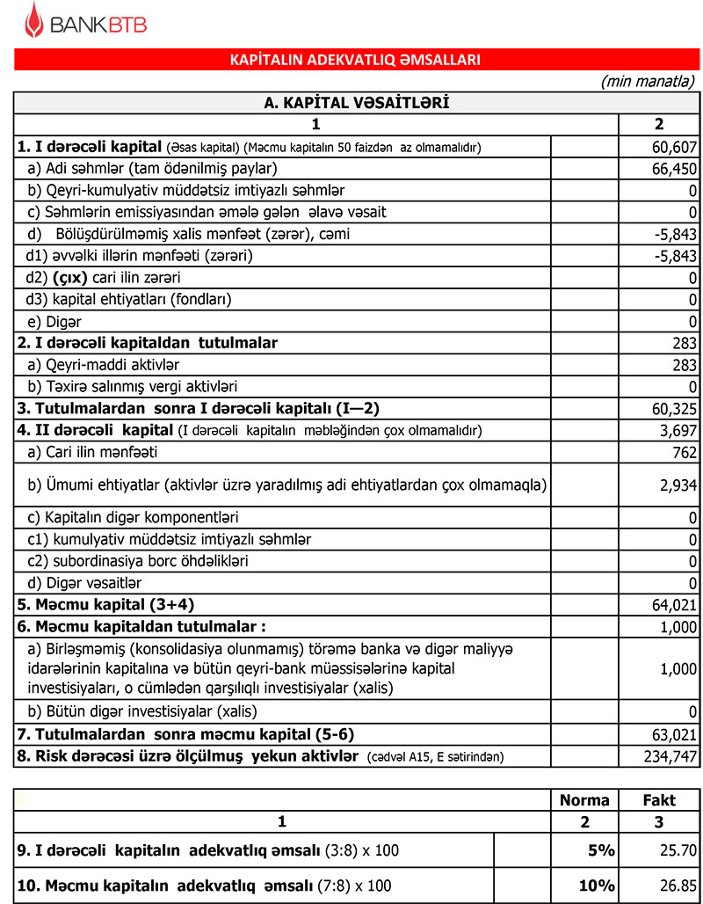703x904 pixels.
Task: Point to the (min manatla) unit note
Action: pyautogui.click(x=648, y=81)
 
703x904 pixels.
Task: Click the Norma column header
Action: pyautogui.click(x=583, y=799)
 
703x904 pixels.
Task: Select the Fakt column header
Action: pyautogui.click(x=658, y=799)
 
